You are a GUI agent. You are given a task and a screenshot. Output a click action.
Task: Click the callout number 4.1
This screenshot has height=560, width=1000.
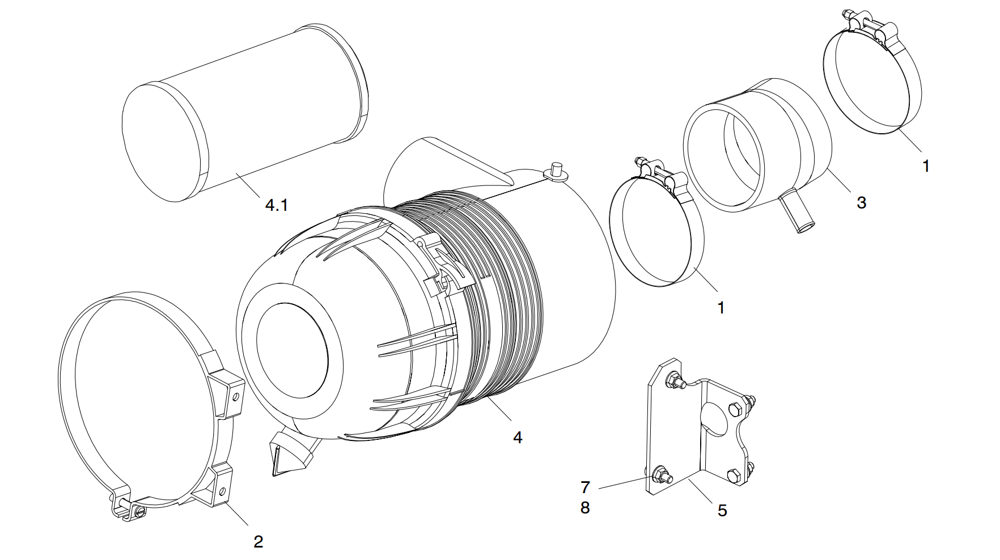pyautogui.click(x=277, y=205)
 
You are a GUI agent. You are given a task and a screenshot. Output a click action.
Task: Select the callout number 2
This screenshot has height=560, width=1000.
pyautogui.click(x=259, y=541)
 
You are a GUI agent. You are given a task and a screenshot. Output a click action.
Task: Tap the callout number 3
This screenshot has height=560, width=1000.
pyautogui.click(x=861, y=202)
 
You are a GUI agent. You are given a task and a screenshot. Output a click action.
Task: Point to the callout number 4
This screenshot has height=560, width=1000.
pyautogui.click(x=517, y=437)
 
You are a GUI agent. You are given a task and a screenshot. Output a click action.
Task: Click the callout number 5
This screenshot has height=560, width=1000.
pyautogui.click(x=722, y=511)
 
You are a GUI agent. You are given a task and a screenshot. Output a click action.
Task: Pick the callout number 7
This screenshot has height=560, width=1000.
pyautogui.click(x=585, y=487)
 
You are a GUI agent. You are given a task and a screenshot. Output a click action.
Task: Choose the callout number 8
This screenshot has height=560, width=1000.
pyautogui.click(x=585, y=508)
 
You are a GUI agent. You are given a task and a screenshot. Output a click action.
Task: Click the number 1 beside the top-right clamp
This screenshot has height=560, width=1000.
pyautogui.click(x=926, y=167)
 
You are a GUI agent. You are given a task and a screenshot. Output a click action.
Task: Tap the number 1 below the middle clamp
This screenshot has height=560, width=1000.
pyautogui.click(x=721, y=308)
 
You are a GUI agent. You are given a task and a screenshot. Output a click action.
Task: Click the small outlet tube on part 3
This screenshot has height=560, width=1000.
pyautogui.click(x=796, y=212)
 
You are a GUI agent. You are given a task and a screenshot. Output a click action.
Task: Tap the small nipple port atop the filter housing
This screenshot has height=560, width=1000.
pyautogui.click(x=555, y=171)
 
